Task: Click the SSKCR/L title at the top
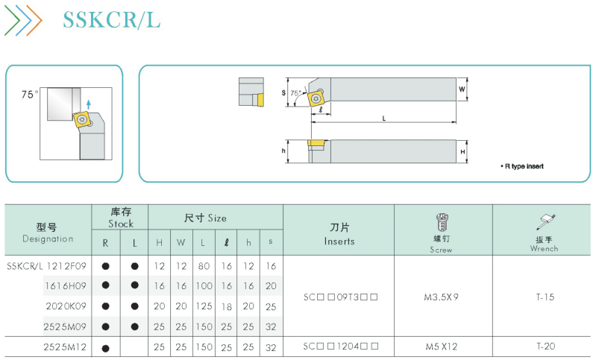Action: [111, 20]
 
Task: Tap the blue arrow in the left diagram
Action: [89, 104]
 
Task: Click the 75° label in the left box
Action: [30, 95]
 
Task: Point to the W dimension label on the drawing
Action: [462, 89]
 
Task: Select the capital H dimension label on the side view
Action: [462, 151]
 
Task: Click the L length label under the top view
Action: [384, 119]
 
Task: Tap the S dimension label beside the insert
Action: [283, 92]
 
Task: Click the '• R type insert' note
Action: [522, 166]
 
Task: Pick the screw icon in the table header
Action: [442, 222]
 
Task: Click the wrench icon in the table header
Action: [546, 222]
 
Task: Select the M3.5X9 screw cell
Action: [441, 297]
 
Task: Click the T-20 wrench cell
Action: [545, 347]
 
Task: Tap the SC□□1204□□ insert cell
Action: [341, 347]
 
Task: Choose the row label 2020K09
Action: [66, 306]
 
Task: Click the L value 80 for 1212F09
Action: [204, 266]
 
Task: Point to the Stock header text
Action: [121, 224]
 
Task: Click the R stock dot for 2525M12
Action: [106, 348]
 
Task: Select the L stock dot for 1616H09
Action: [134, 285]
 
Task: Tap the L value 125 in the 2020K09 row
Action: [204, 306]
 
